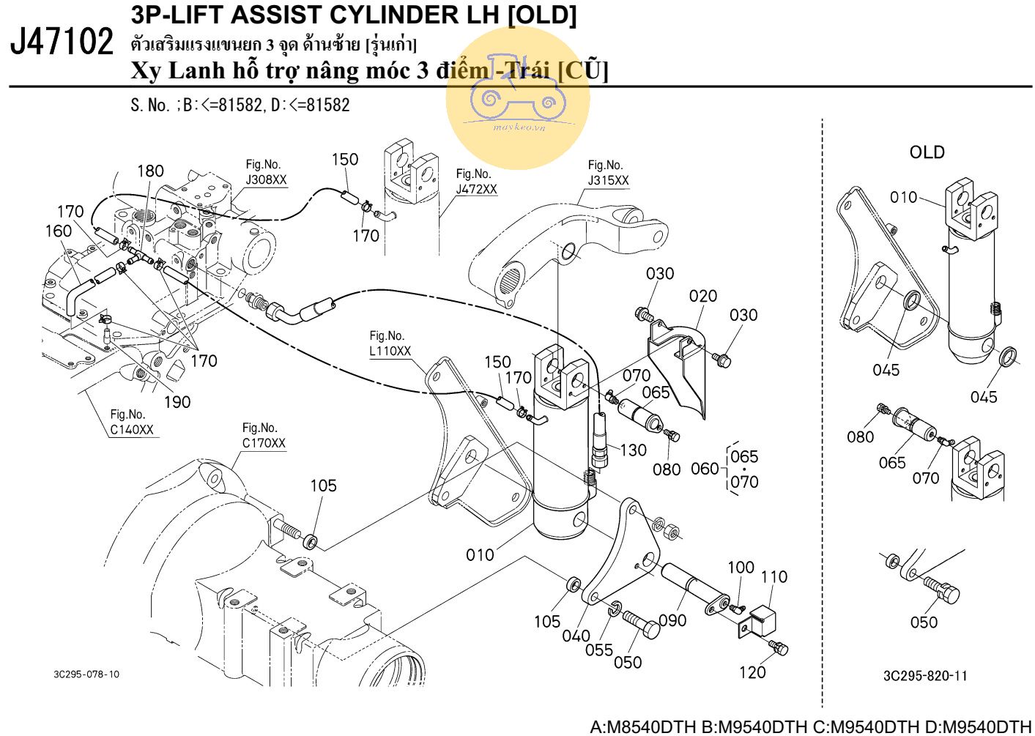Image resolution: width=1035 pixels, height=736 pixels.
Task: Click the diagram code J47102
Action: point(63,42)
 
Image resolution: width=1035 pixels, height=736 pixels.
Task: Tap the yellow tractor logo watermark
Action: point(517,99)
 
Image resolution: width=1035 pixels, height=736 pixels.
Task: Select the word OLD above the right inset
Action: point(927,152)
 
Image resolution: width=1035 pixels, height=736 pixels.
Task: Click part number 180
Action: point(150,171)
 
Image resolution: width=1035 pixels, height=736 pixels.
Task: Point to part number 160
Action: point(59,231)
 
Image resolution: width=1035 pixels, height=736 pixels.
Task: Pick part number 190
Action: point(177,402)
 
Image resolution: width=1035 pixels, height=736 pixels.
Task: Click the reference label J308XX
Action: point(266,180)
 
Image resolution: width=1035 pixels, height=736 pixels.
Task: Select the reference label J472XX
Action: point(476,189)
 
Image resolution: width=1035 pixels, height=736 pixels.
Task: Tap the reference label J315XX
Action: point(608,180)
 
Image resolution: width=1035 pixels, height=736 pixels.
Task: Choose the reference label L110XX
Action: point(390,351)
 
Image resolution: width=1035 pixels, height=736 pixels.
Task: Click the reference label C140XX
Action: point(132,430)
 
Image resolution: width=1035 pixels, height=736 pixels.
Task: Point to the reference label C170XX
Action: point(264,443)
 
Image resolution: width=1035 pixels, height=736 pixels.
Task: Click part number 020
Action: point(702,297)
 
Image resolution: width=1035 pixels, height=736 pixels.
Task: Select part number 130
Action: point(633,450)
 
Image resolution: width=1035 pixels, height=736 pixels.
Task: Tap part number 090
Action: point(672,620)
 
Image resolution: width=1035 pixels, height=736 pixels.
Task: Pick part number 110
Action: point(774,577)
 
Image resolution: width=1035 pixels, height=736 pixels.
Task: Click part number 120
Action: point(752,672)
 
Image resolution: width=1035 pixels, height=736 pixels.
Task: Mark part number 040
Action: point(576,636)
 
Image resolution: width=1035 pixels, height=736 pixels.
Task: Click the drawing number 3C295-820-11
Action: point(925,676)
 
